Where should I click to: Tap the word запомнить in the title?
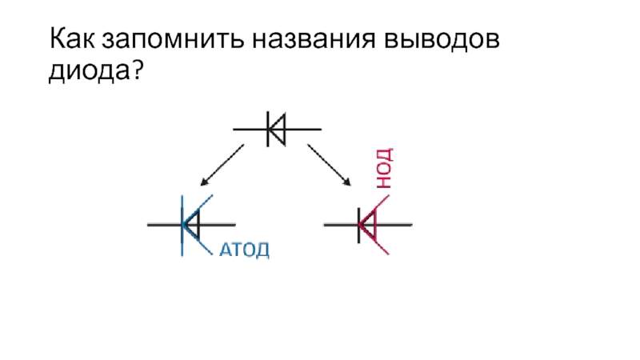click(166, 39)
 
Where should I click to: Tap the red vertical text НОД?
click(383, 168)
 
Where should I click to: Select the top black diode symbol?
click(277, 129)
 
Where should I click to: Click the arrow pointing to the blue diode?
click(222, 165)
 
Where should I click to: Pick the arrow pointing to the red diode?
click(330, 165)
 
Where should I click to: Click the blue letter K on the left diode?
click(194, 225)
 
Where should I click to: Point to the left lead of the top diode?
click(249, 129)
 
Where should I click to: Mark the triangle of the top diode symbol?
click(277, 129)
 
